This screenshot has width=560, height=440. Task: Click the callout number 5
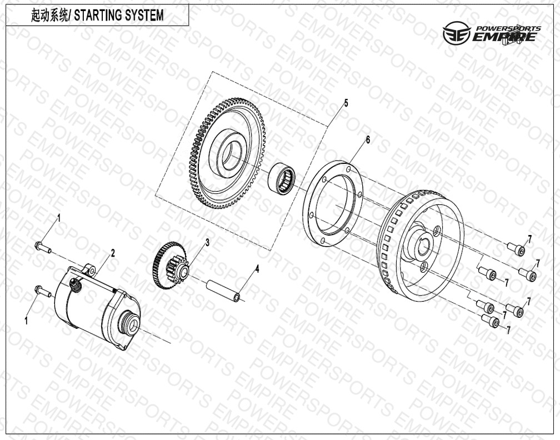tap(346, 103)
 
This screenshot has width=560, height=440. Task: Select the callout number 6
tap(368, 140)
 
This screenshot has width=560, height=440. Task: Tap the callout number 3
tap(207, 242)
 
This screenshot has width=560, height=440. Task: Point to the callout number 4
tap(257, 269)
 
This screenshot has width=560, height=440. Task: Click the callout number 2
tap(113, 253)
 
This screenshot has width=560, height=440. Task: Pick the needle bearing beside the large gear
tap(282, 178)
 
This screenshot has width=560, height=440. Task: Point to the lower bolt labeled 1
tap(43, 291)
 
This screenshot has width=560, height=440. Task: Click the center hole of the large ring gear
tap(232, 156)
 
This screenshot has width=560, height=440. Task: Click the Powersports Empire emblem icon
tap(457, 33)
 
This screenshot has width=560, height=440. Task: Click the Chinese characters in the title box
tap(49, 16)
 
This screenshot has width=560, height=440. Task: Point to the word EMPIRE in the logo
tap(504, 37)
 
